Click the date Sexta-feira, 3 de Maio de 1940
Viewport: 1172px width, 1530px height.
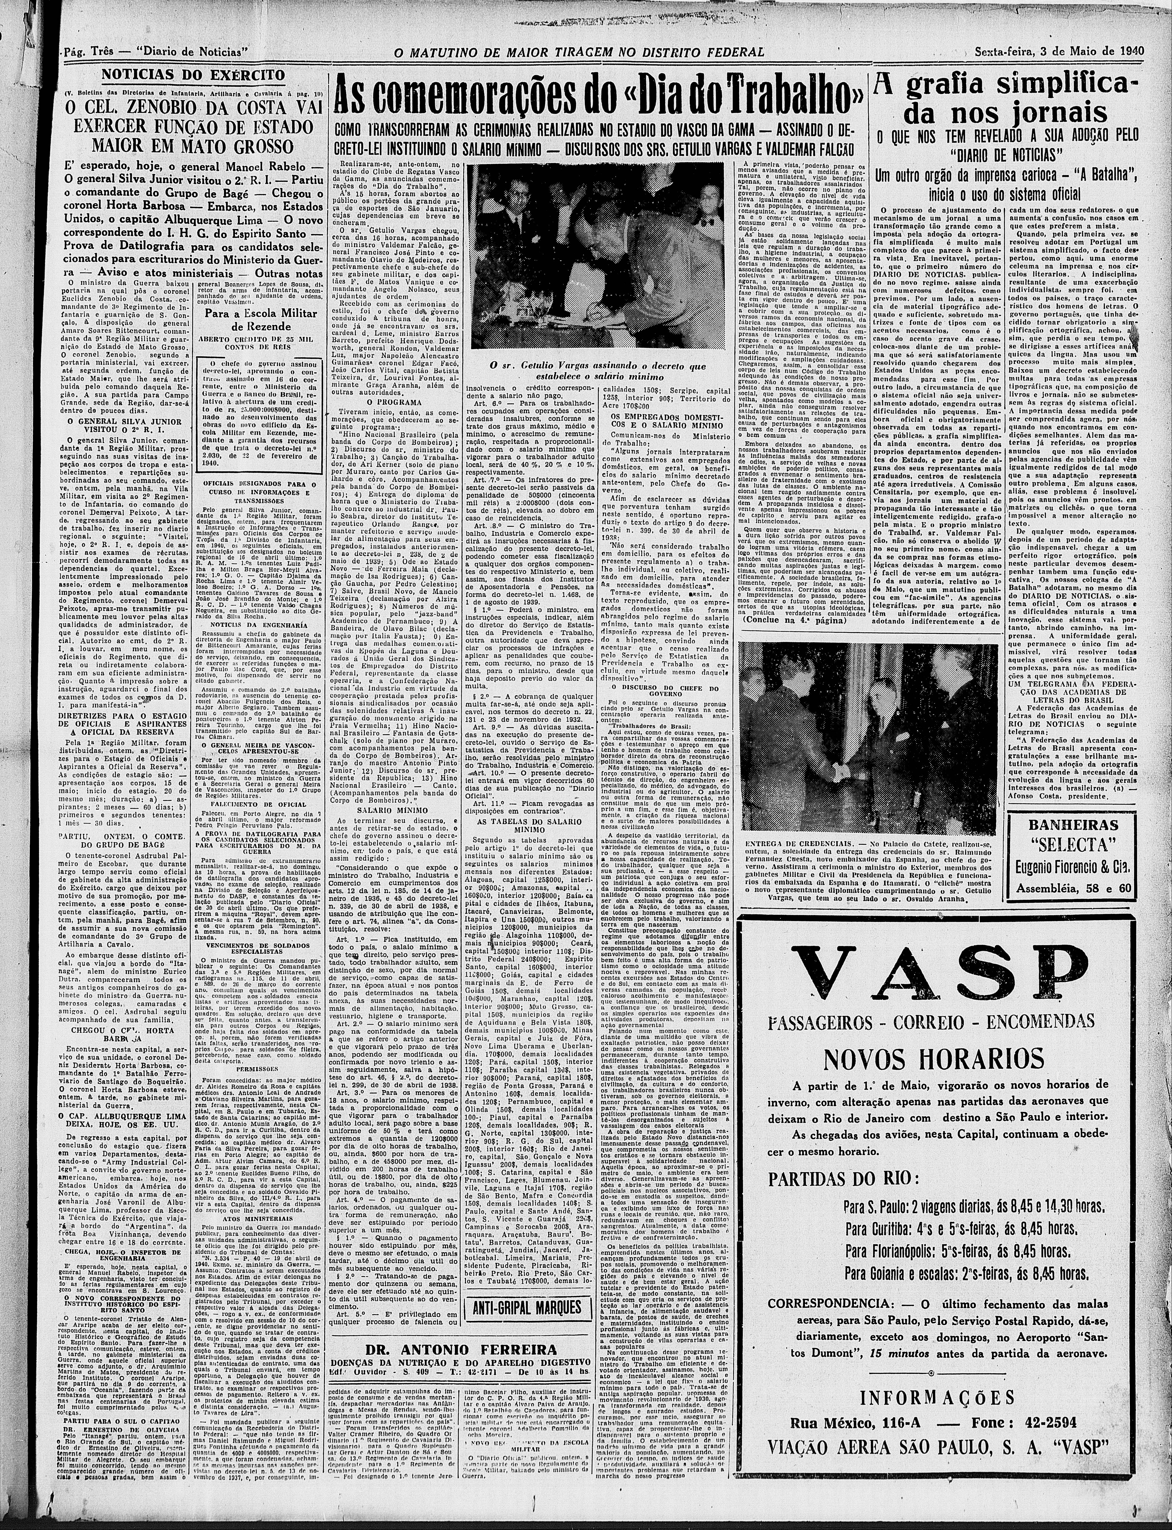(1058, 51)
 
